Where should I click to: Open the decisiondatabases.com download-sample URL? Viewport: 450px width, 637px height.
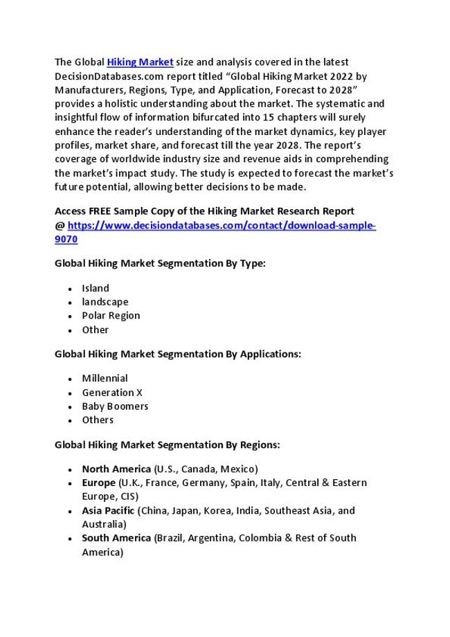pos(221,226)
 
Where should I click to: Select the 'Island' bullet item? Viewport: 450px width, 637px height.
pos(96,288)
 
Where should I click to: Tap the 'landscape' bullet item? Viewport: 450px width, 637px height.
pos(105,302)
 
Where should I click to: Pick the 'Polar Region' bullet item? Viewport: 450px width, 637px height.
pos(111,316)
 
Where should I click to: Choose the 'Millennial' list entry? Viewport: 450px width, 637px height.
pos(105,379)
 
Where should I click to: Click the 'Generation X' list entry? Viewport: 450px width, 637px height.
pos(112,393)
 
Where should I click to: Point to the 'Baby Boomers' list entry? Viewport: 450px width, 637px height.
pos(115,406)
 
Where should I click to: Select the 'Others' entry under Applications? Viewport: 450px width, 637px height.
pos(98,420)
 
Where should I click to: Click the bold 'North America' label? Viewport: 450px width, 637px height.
pos(116,469)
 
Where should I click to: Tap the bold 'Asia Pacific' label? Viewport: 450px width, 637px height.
pos(108,510)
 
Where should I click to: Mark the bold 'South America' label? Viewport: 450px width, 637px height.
pos(116,538)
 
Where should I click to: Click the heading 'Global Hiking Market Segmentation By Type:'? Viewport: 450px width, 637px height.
pos(160,264)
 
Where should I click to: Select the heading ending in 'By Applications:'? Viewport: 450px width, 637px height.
pos(178,354)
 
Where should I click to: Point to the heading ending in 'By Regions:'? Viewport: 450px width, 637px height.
pos(167,445)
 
